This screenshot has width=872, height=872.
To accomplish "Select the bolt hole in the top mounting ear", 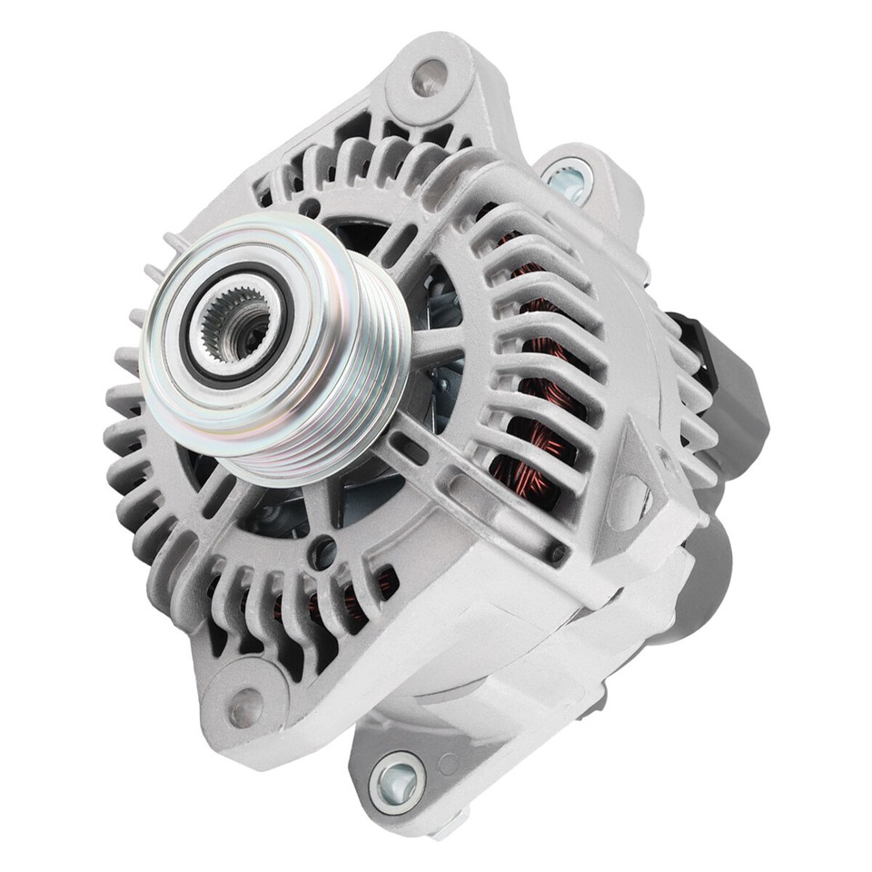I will point(428,78).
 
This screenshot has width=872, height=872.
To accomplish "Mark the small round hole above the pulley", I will point(310,207).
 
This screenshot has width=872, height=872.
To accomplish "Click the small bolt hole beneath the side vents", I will point(553,551).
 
